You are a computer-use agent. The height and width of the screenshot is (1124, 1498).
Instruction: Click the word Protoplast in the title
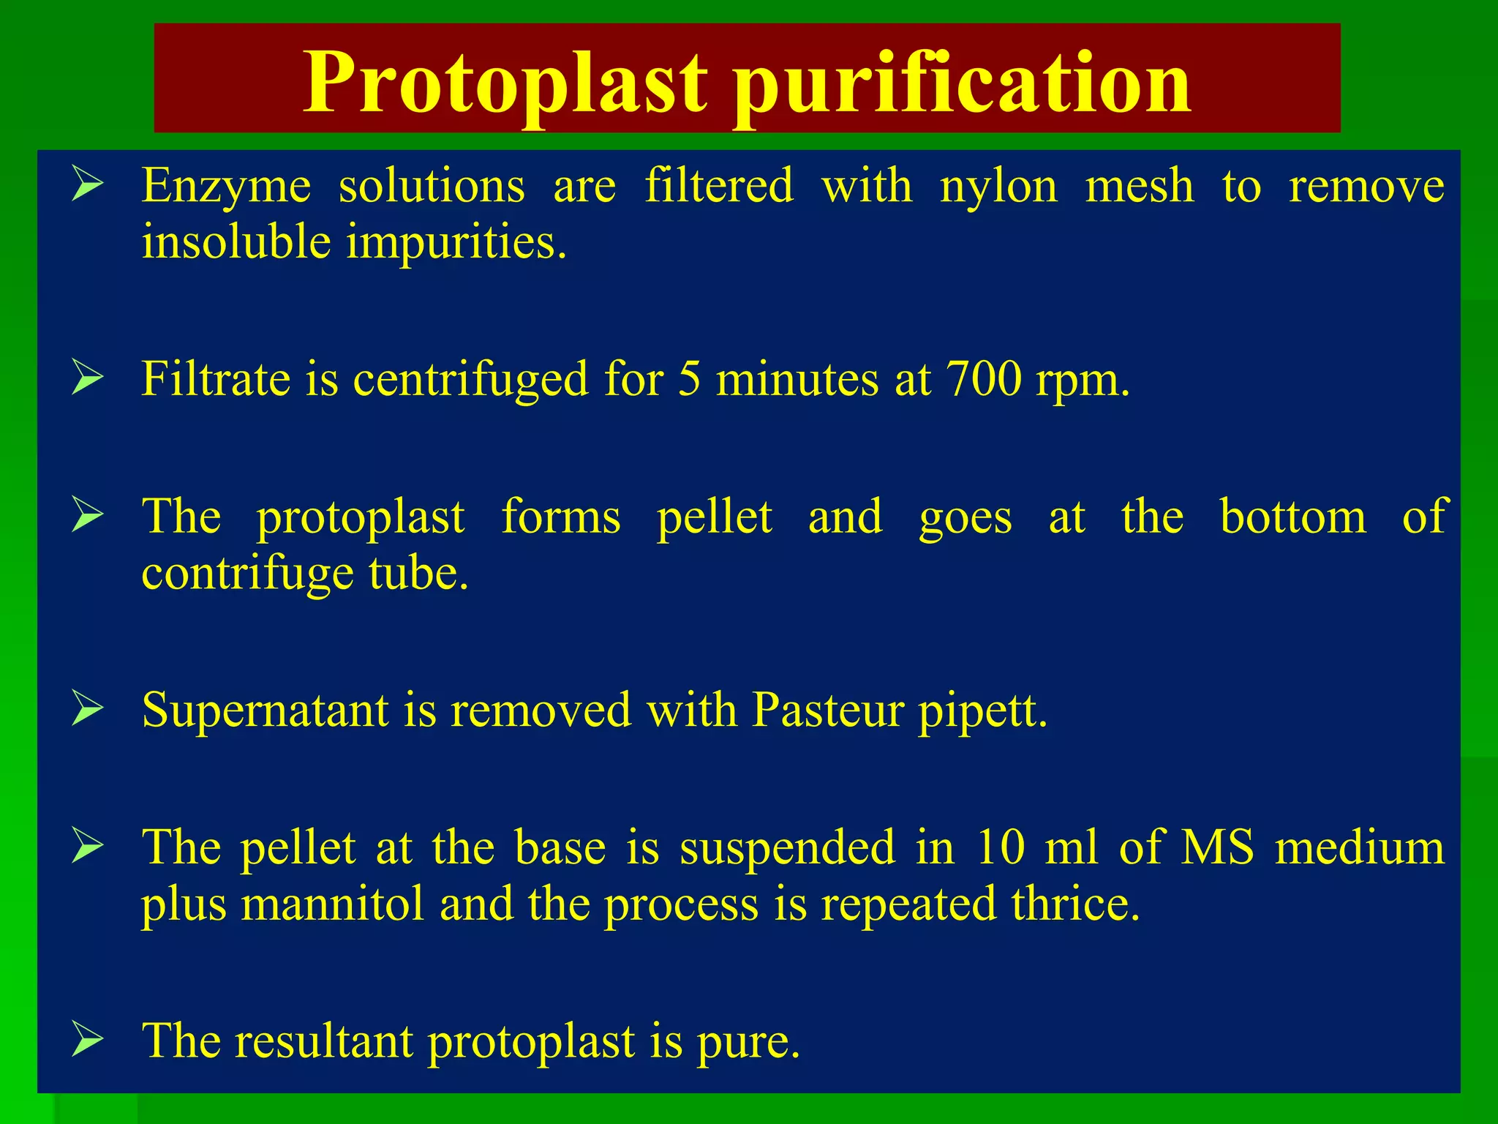[x=505, y=82]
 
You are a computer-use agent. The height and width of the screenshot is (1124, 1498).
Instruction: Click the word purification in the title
[x=963, y=82]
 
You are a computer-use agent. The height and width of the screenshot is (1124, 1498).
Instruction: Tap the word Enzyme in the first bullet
[x=226, y=187]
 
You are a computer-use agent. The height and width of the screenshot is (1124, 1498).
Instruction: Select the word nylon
[x=998, y=187]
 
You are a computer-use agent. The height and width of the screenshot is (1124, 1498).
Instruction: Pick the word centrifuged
[x=470, y=381]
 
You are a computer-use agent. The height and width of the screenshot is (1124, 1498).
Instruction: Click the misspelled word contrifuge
[x=248, y=574]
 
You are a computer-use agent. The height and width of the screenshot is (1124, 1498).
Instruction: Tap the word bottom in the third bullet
[x=1292, y=517]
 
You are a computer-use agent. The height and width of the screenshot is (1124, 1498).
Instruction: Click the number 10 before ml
[x=1001, y=847]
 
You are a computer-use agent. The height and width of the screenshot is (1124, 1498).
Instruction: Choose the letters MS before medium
[x=1217, y=847]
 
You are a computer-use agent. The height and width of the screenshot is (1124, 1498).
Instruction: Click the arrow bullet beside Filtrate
[x=87, y=379]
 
